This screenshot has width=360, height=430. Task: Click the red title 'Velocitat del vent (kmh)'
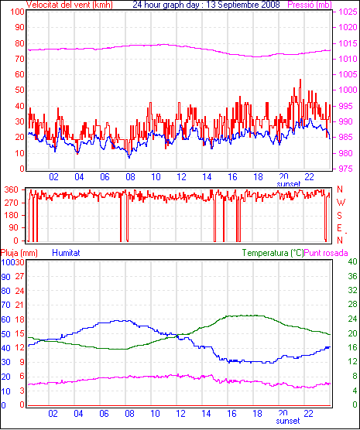tap(70, 5)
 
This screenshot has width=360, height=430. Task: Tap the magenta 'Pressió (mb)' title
tap(310, 5)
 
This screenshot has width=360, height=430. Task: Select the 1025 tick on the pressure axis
tap(348, 12)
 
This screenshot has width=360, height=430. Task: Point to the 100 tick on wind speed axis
tap(18, 12)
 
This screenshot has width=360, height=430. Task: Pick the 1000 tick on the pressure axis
tap(348, 90)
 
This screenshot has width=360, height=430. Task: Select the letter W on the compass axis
tap(341, 203)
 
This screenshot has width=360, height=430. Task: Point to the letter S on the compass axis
tap(339, 216)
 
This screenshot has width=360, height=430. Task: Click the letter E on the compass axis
tap(339, 228)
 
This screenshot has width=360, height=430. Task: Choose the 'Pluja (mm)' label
tap(19, 253)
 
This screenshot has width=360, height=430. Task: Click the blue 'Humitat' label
tap(66, 253)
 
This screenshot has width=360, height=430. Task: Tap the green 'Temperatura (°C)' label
tap(273, 253)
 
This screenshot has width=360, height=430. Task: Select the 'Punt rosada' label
tap(326, 253)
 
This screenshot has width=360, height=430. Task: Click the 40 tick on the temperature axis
tap(352, 261)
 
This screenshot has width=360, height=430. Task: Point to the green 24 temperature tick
tap(352, 319)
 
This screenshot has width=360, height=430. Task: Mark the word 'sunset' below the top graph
tap(289, 184)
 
